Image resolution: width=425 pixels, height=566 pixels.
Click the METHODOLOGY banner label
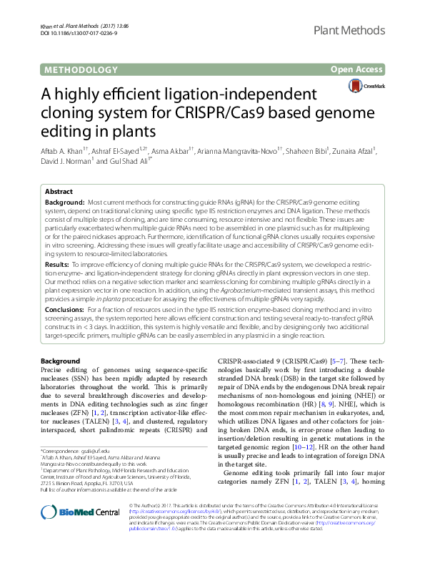coord(81,69)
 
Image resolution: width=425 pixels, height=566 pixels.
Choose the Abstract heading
coord(59,192)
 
